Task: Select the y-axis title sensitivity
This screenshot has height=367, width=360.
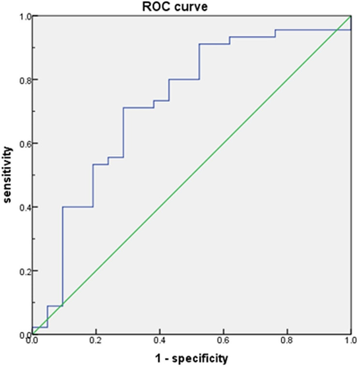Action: tap(7, 175)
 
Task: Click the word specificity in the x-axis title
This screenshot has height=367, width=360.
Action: tap(200, 358)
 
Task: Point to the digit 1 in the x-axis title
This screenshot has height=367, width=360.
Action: tap(158, 358)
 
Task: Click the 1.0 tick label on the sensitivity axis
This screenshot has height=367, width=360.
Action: tap(24, 16)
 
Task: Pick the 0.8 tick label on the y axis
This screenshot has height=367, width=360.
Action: tap(24, 80)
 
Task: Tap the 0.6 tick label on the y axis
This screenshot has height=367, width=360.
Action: tap(24, 144)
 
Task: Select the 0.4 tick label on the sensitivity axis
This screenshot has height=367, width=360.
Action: tap(24, 207)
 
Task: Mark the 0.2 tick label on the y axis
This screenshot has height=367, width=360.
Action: tap(24, 271)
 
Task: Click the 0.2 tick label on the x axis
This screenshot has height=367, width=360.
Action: tap(96, 340)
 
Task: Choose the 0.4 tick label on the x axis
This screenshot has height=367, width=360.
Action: tap(160, 340)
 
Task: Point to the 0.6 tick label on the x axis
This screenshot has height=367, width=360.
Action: tap(223, 340)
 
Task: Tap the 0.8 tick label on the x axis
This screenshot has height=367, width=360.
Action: tap(287, 340)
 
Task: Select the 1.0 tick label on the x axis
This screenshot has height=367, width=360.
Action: tap(351, 340)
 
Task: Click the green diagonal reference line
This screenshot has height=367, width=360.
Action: tap(192, 176)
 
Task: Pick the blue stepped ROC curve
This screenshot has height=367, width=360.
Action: tap(123, 132)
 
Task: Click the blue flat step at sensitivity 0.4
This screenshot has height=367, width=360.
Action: tap(78, 207)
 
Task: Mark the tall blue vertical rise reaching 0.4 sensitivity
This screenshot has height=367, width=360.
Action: tap(62, 256)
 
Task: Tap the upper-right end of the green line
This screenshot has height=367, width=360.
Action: tap(351, 16)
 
